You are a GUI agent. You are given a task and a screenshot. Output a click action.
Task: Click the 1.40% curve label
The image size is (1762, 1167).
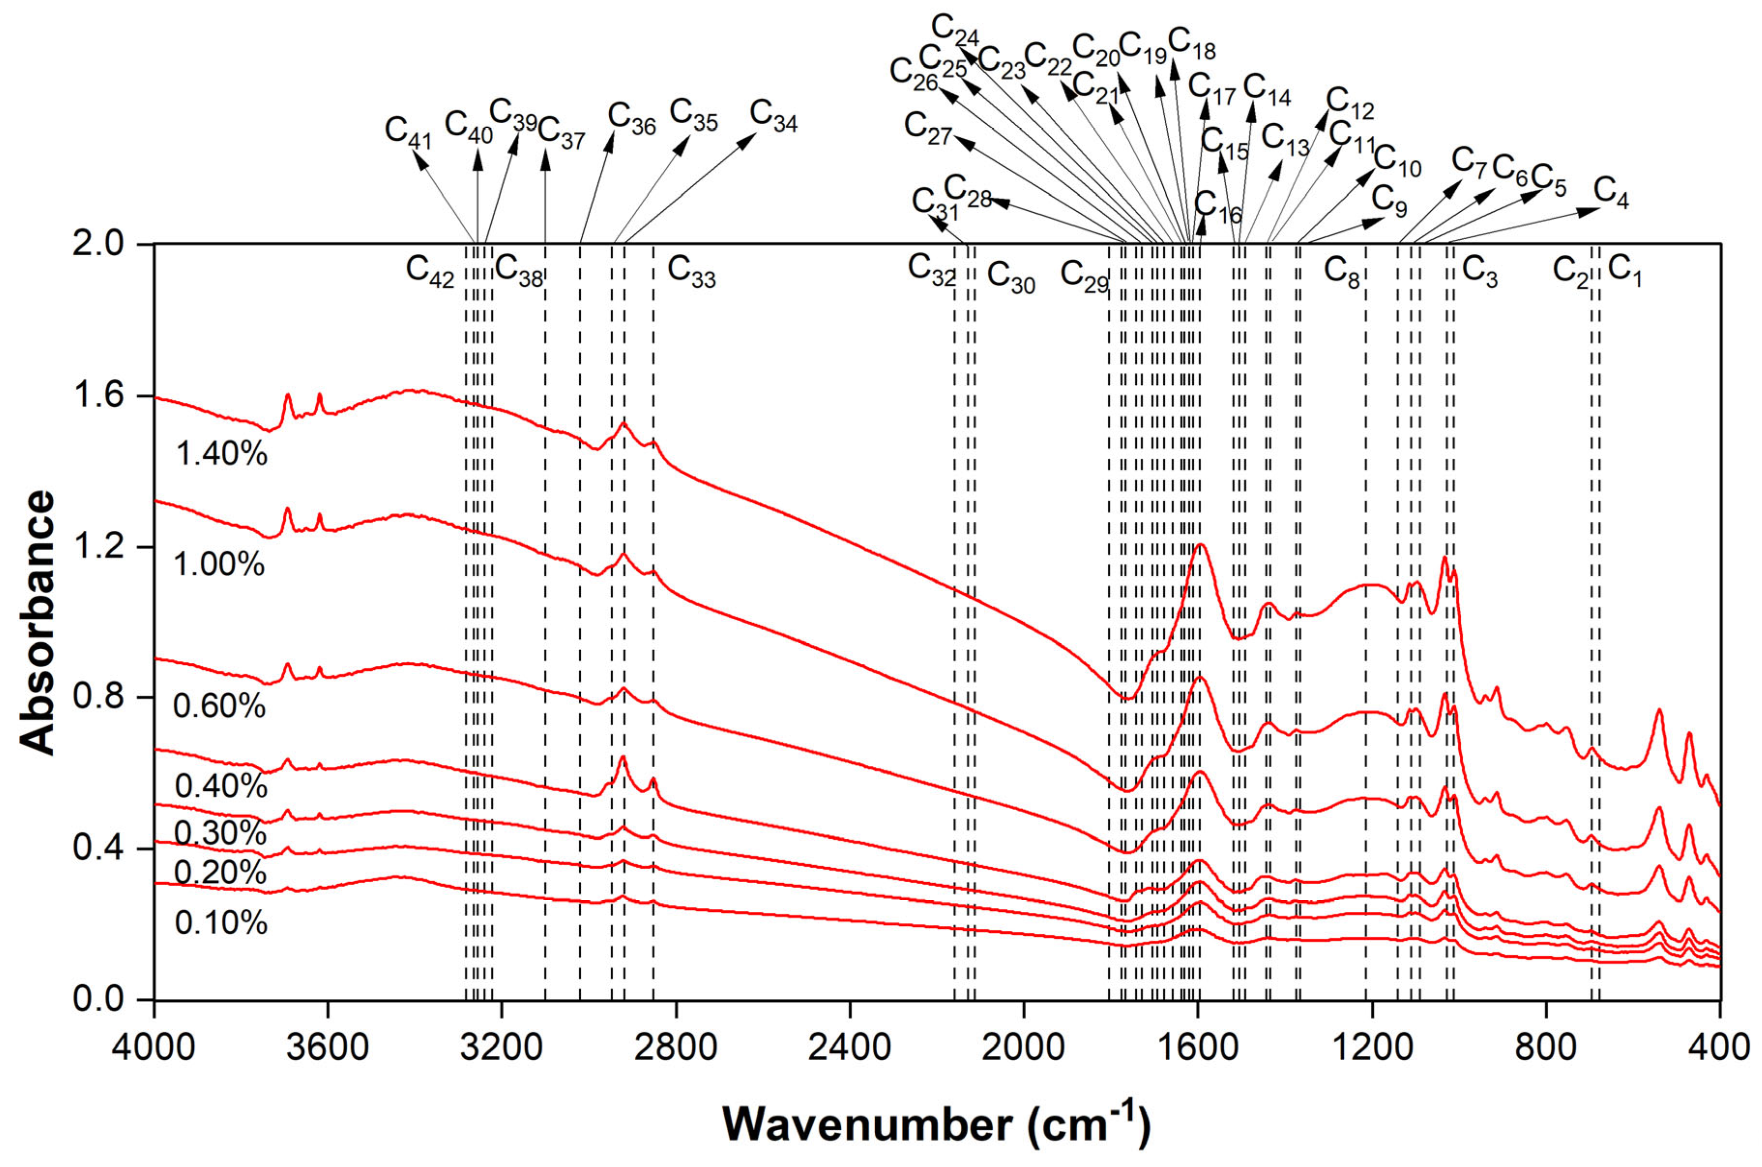pyautogui.click(x=221, y=453)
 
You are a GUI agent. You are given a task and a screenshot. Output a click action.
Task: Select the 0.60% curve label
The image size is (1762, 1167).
pyautogui.click(x=219, y=705)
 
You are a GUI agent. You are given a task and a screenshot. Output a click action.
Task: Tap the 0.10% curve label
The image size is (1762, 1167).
pyautogui.click(x=220, y=923)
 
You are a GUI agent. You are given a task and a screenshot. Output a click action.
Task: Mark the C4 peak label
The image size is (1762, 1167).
pyautogui.click(x=1611, y=193)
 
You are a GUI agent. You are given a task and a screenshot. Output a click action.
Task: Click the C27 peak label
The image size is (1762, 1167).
pyautogui.click(x=927, y=128)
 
